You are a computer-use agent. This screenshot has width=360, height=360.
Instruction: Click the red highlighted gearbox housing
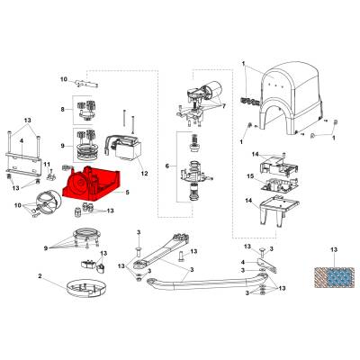pyautogui.click(x=91, y=184)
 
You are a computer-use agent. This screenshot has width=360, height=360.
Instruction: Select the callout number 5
pyautogui.click(x=128, y=193)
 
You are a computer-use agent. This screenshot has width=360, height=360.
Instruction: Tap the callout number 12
pyautogui.click(x=145, y=174)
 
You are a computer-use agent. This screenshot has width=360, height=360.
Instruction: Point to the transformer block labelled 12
pyautogui.click(x=123, y=148)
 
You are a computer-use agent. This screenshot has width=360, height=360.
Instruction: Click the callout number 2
pyautogui.click(x=40, y=276)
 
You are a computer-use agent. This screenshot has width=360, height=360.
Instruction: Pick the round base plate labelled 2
pyautogui.click(x=86, y=287)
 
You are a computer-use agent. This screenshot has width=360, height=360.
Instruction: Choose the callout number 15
pyautogui.click(x=250, y=176)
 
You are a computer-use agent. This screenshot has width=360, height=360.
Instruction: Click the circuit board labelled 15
pyautogui.click(x=279, y=184)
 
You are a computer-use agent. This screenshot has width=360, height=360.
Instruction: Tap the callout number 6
pyautogui.click(x=167, y=166)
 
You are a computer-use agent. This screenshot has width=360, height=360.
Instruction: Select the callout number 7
pyautogui.click(x=223, y=106)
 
